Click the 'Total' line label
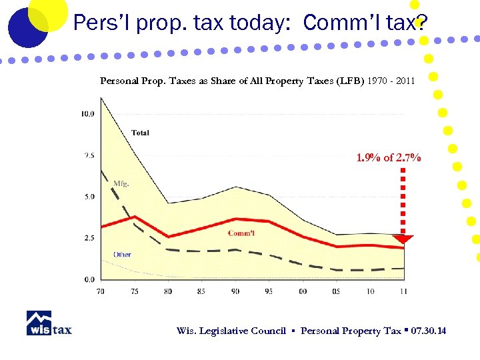(140, 133)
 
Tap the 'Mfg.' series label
(121, 183)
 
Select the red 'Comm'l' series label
(241, 233)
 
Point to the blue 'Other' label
(122, 254)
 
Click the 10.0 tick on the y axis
(87, 114)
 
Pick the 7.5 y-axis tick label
(89, 155)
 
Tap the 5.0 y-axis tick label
(89, 197)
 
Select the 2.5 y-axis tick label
(89, 238)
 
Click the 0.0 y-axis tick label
(89, 279)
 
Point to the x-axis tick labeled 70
(101, 291)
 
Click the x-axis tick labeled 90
(235, 291)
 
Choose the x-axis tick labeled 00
(303, 291)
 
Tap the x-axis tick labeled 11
(404, 291)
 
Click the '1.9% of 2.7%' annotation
(389, 158)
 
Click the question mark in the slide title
(419, 23)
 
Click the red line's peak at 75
(135, 217)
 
